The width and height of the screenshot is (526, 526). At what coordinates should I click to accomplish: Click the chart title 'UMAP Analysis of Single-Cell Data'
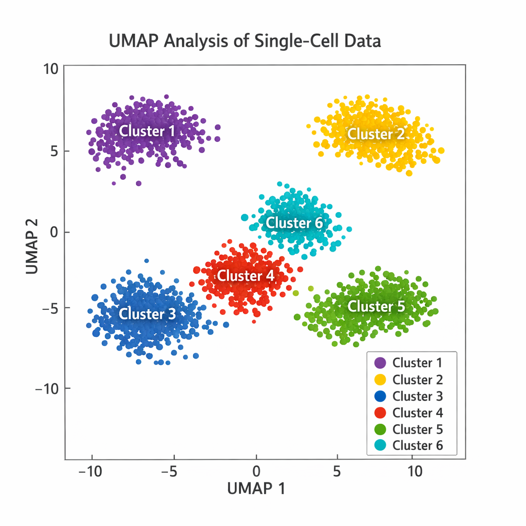click(245, 41)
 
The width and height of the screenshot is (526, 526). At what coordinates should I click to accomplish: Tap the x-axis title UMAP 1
click(256, 489)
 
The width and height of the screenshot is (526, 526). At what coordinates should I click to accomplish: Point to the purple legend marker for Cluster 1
click(380, 363)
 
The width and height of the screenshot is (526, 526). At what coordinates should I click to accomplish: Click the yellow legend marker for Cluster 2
click(380, 380)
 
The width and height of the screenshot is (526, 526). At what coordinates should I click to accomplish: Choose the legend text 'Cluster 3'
click(417, 396)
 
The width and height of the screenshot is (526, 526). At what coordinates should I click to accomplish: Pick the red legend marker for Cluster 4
click(380, 412)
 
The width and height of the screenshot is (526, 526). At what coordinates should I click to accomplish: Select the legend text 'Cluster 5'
click(417, 429)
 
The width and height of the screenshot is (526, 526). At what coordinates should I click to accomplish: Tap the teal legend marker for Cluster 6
click(380, 446)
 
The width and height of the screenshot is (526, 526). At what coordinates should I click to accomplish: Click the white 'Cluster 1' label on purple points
click(147, 131)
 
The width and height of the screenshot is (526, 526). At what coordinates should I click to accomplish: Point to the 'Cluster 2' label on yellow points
click(376, 134)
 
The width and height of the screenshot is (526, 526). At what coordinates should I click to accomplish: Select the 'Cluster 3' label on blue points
click(147, 314)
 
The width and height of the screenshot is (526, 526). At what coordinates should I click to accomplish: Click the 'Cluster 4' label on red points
click(245, 276)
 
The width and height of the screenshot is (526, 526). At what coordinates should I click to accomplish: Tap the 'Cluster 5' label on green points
click(376, 307)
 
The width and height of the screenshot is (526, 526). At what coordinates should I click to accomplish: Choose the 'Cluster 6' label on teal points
click(294, 223)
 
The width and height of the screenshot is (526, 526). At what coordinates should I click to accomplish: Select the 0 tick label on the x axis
click(256, 471)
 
